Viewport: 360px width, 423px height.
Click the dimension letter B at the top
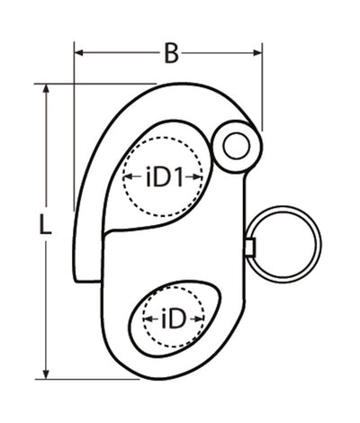tap(170, 54)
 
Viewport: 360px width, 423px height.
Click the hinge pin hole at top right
tap(238, 144)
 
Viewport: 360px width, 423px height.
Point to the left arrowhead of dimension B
tap(79, 53)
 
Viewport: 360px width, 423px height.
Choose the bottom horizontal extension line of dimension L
tap(90, 379)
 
